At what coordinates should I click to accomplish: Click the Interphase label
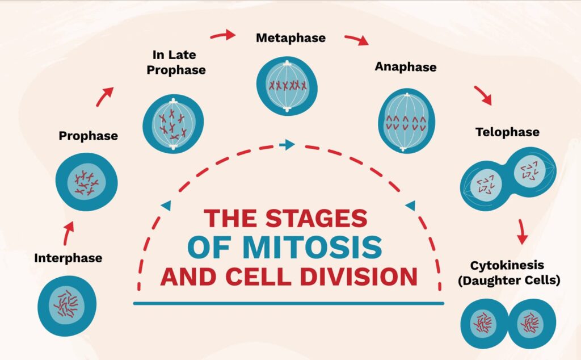[68, 258]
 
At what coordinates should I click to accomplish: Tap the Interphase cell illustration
[67, 306]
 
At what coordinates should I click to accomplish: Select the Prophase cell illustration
[87, 182]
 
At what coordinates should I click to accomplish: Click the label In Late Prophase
[176, 62]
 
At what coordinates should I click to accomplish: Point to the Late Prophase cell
[173, 124]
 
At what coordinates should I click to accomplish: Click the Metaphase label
[291, 38]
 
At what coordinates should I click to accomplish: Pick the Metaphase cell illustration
[287, 86]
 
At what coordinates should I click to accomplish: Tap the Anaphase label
[406, 67]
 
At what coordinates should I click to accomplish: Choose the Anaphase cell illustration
[406, 121]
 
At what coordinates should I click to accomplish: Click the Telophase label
[508, 132]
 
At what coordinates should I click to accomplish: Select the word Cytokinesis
[507, 265]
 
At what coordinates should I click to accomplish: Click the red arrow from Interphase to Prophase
[69, 233]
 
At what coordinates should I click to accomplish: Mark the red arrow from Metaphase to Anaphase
[357, 39]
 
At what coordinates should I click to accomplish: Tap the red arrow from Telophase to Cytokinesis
[522, 232]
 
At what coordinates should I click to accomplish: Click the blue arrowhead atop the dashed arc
[287, 144]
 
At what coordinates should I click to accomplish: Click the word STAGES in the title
[317, 218]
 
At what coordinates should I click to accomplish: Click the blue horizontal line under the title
[289, 303]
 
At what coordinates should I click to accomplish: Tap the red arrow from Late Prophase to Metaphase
[223, 35]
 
